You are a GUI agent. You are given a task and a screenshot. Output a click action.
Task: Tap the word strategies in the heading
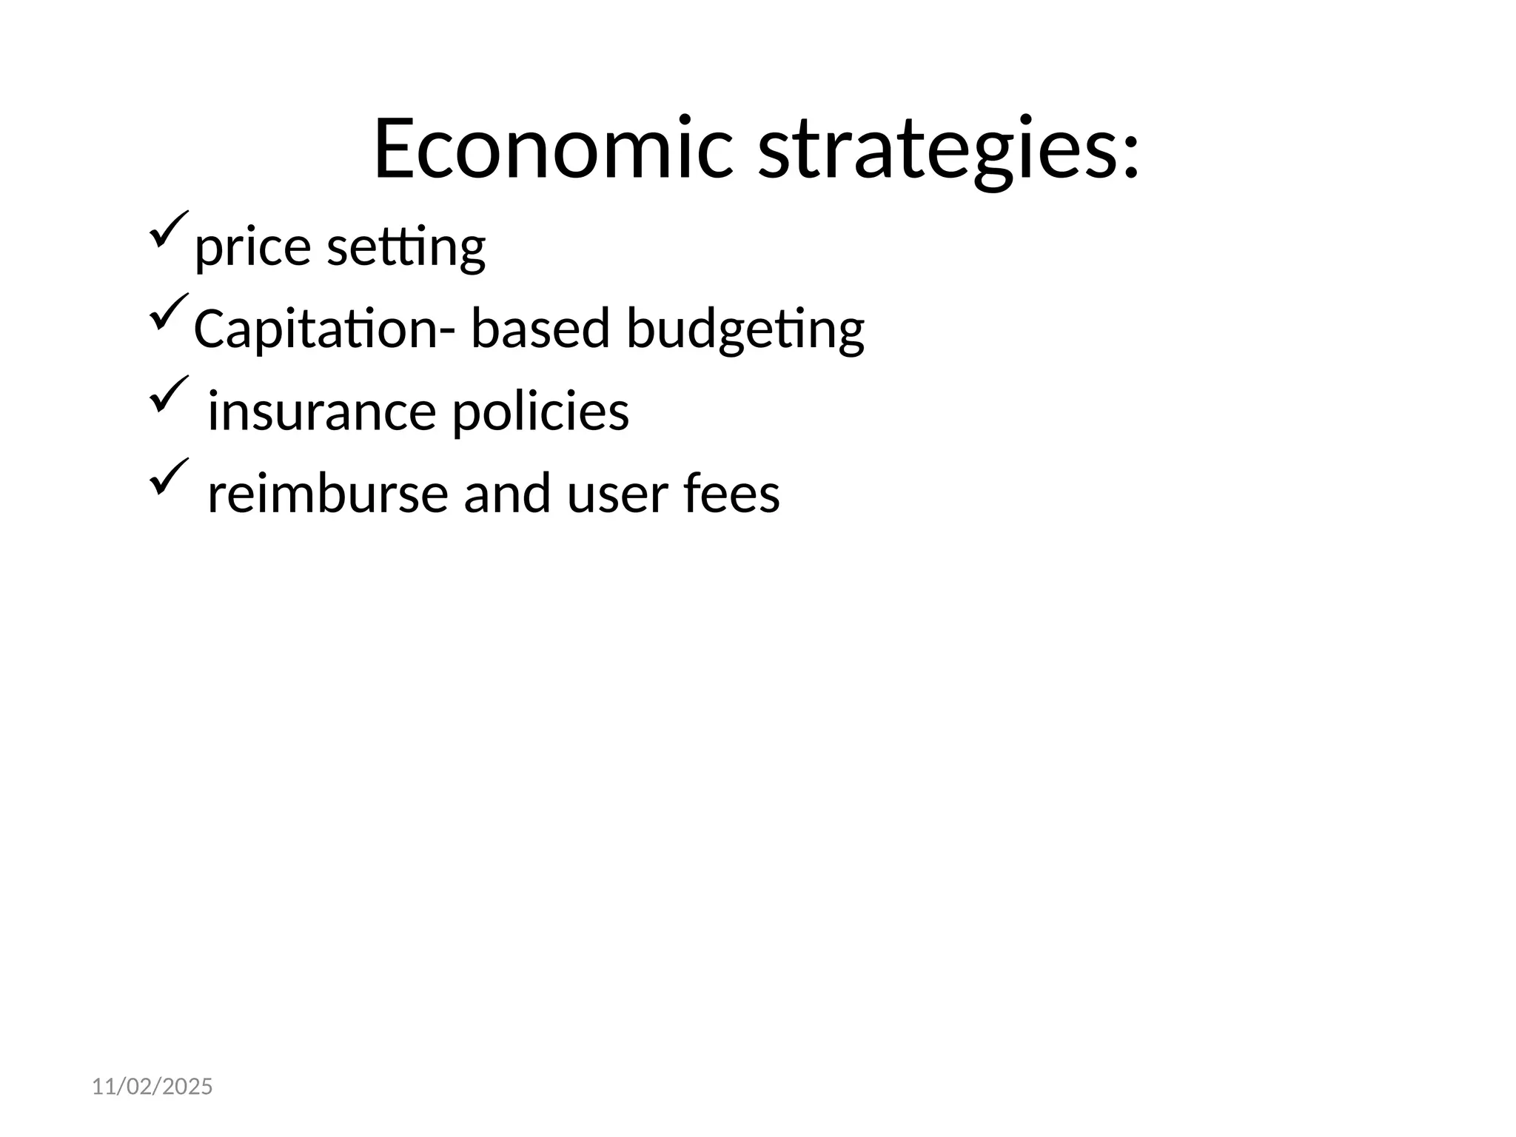(937, 151)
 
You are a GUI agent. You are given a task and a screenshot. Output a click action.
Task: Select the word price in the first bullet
(252, 247)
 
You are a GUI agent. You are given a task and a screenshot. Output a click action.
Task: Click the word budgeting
(745, 330)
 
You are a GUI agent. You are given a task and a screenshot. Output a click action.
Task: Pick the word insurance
(321, 412)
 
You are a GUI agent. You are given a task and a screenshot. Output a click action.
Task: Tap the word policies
(540, 412)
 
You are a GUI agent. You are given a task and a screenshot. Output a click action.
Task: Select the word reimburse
(327, 494)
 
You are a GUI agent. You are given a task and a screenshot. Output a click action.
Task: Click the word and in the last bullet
(507, 494)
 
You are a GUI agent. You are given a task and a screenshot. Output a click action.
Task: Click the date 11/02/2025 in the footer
(152, 1087)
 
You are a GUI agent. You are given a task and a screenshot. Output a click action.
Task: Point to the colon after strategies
(1130, 157)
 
